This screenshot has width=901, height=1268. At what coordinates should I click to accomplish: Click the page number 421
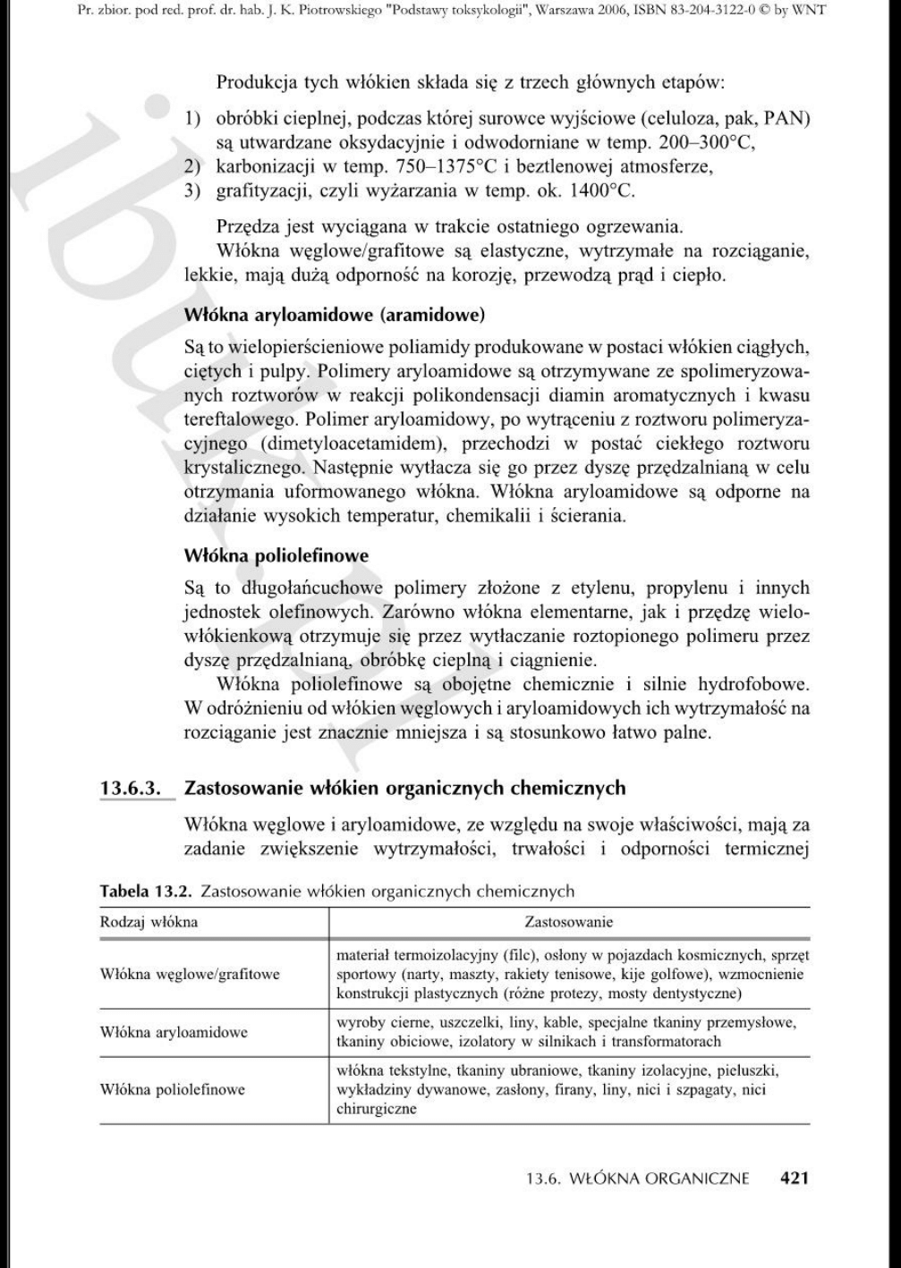point(794,1178)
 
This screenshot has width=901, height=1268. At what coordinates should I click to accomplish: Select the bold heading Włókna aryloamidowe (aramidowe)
point(334,315)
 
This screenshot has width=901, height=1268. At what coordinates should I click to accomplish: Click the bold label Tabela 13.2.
point(147,891)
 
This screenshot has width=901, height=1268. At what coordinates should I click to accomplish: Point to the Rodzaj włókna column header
point(149,921)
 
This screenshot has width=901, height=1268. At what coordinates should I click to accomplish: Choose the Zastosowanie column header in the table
point(568,921)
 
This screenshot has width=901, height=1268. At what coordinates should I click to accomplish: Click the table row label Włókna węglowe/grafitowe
point(190,974)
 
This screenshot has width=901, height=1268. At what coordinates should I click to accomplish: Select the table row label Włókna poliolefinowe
point(172,1089)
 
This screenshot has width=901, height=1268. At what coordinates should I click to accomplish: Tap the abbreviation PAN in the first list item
point(783,119)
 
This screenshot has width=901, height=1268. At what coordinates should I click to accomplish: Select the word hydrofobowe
point(756,685)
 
